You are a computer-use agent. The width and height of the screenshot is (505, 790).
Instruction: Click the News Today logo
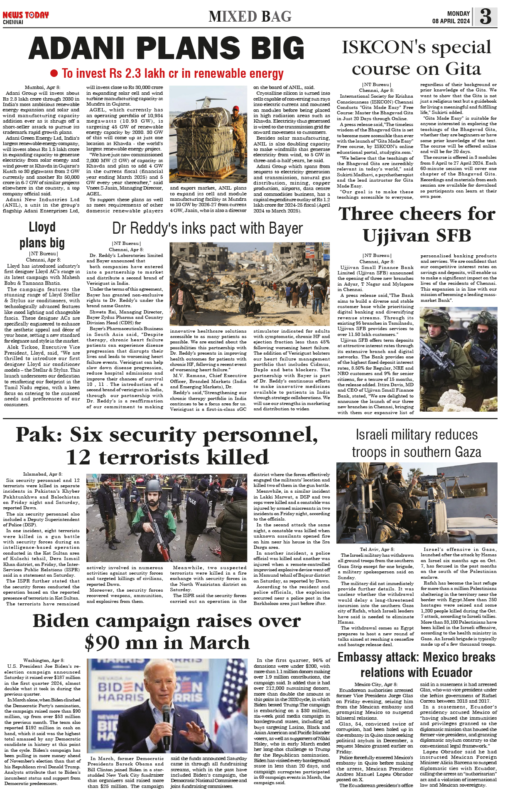click(25, 15)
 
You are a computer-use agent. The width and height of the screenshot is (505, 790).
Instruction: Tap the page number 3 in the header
click(485, 17)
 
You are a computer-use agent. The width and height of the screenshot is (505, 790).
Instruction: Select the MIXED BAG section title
click(250, 17)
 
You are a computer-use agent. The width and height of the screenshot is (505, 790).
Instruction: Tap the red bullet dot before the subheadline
click(54, 74)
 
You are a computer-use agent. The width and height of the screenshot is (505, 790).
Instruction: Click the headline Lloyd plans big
click(42, 235)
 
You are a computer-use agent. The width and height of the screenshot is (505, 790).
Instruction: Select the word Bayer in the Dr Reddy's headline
click(286, 228)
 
